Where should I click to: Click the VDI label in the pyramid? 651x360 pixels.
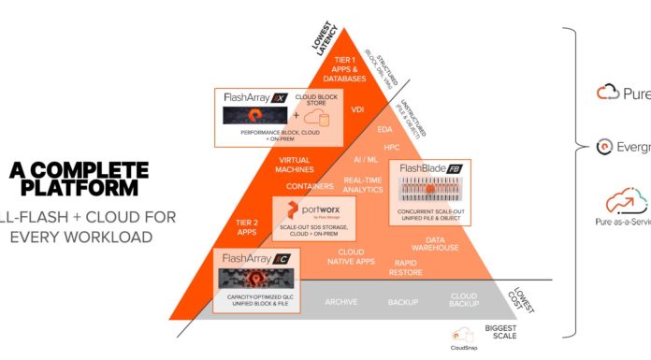[357, 109]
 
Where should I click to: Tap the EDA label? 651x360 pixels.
[383, 129]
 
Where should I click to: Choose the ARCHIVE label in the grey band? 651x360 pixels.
[342, 302]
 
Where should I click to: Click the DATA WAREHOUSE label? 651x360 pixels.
[435, 243]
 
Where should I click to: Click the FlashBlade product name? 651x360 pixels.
[424, 168]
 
